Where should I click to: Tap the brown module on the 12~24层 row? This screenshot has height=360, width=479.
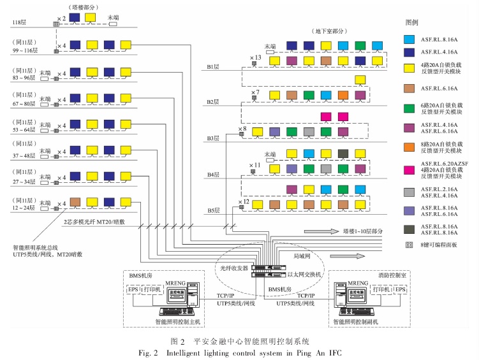point(75,201)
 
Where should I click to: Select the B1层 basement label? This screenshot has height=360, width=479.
point(214,66)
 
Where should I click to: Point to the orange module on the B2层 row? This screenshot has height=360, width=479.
point(344,95)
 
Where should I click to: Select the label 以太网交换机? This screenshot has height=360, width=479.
point(304,275)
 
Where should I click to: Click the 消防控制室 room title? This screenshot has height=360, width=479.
point(368,273)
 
